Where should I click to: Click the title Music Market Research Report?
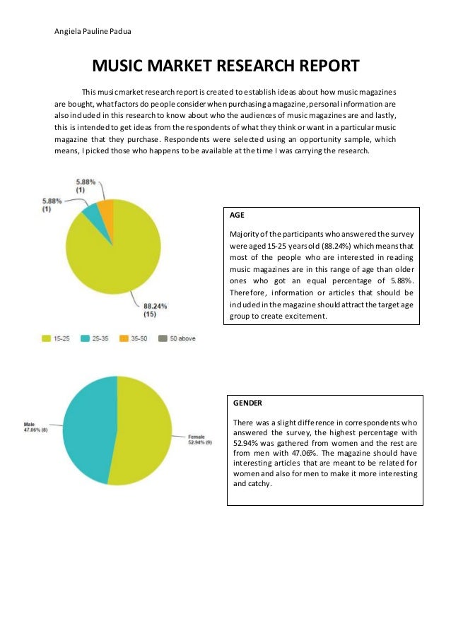point(226,67)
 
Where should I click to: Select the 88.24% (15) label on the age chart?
point(156,309)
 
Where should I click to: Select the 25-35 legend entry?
point(103,338)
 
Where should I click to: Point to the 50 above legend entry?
point(181,338)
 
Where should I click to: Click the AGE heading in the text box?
point(237,215)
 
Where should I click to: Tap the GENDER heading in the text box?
point(248,402)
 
